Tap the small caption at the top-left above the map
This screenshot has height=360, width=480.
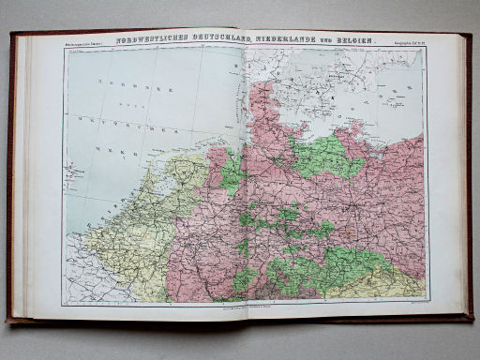(x=84, y=43)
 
